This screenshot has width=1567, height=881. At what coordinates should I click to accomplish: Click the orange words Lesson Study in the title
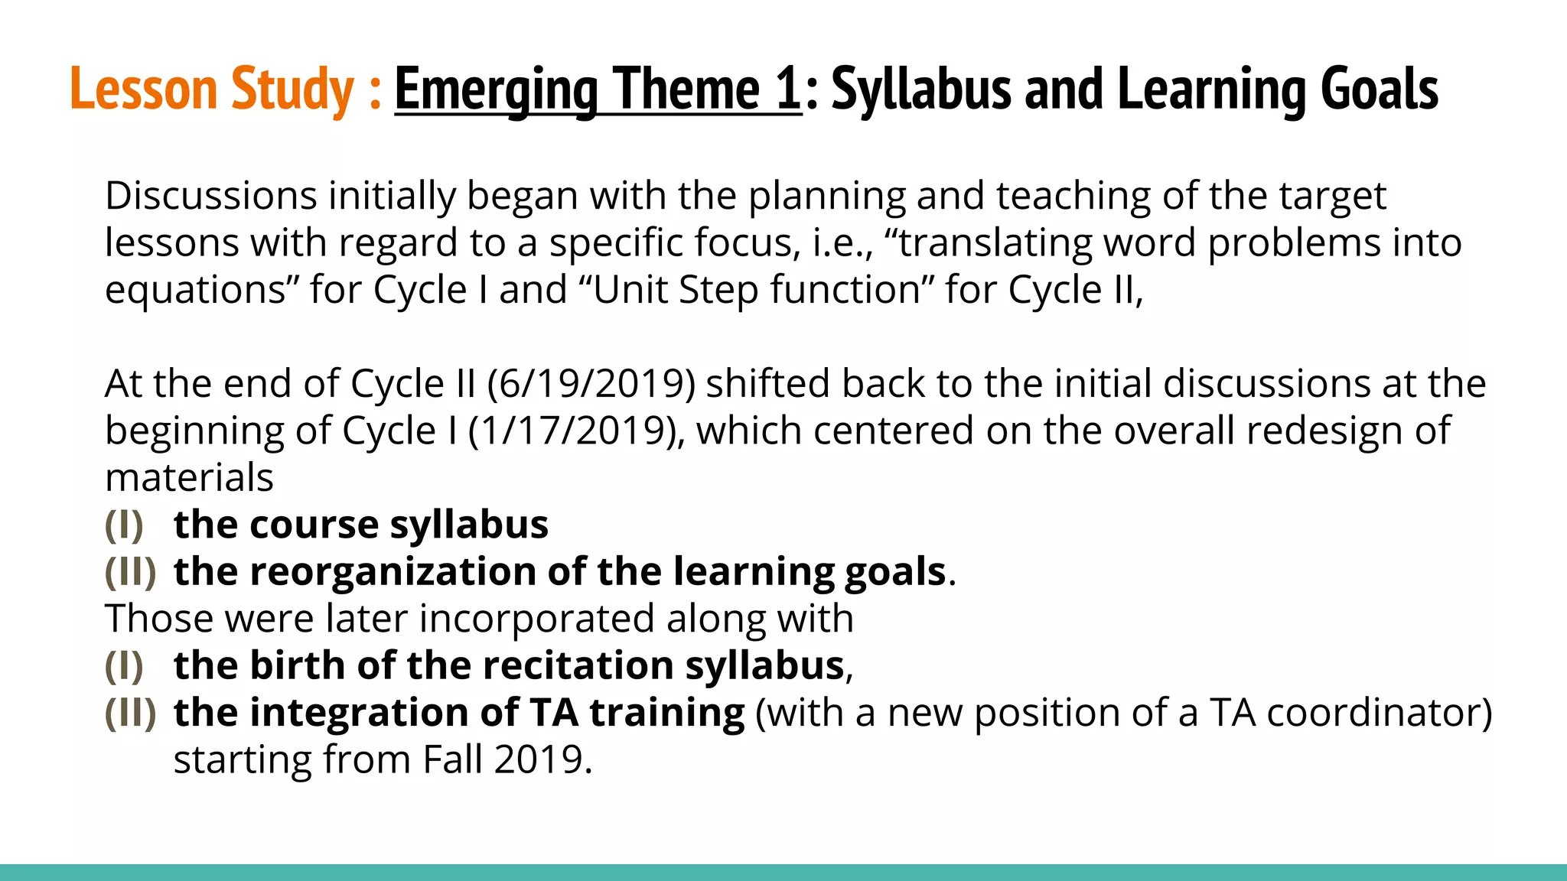click(212, 89)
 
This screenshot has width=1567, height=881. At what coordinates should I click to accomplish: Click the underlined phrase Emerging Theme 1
click(598, 89)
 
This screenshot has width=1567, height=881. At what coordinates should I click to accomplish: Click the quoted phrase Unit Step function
click(757, 290)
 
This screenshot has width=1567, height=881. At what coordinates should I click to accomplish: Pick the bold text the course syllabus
click(361, 525)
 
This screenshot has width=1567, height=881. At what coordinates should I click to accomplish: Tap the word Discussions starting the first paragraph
click(210, 196)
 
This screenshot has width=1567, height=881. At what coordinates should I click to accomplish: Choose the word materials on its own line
click(189, 478)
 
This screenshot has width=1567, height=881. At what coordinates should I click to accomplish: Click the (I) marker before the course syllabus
click(124, 525)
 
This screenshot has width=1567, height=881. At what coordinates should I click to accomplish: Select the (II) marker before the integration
click(130, 713)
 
